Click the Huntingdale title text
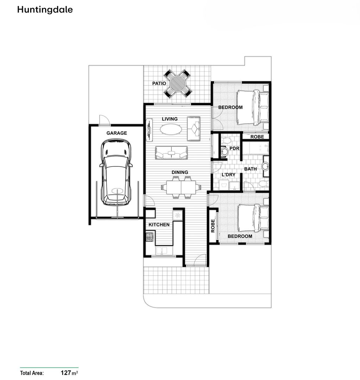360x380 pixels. (45, 10)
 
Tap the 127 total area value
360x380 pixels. (65, 373)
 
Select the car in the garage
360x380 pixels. (116, 171)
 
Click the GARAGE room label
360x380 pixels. (116, 133)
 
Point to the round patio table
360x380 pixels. (178, 84)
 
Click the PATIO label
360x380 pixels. (159, 84)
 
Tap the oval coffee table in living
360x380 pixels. (171, 129)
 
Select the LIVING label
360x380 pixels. (170, 119)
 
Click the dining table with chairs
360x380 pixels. (182, 187)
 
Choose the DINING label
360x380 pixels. (180, 172)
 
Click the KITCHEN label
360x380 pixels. (159, 224)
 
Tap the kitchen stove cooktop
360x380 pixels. (150, 237)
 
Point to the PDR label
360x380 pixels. (234, 148)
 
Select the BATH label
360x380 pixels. (251, 169)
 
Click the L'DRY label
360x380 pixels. (228, 175)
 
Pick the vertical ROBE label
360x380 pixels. (213, 226)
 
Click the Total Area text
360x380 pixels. (32, 373)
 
